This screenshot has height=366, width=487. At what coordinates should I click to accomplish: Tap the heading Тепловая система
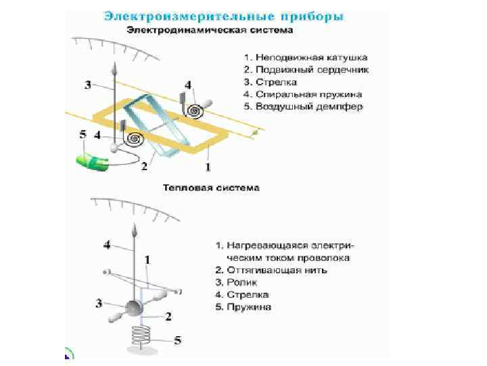[210, 187]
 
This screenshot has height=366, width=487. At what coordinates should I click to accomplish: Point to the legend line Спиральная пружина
[300, 94]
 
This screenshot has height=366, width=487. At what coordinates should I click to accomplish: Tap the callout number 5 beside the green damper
[83, 135]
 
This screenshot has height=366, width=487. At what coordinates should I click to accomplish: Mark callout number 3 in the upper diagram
[88, 85]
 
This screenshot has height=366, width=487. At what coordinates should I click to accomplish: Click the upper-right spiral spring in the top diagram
[196, 108]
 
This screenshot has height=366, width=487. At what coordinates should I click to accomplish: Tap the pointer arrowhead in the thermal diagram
[135, 232]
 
